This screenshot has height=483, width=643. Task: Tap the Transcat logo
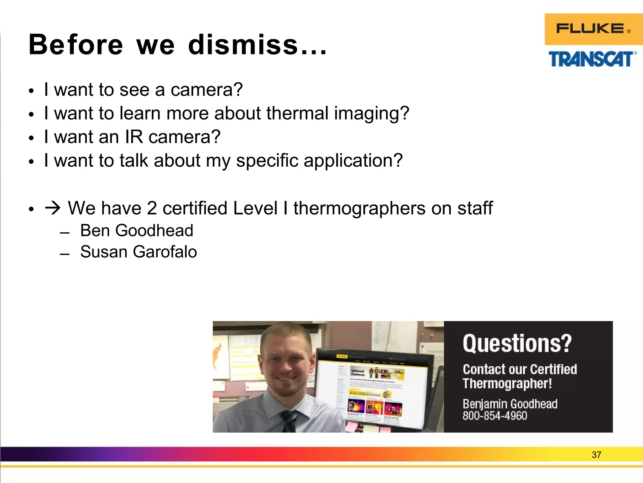tap(592, 59)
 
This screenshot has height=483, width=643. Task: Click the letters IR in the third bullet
tap(134, 137)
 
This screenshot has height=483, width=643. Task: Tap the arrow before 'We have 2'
tap(53, 208)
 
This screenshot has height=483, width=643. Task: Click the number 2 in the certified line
tap(152, 208)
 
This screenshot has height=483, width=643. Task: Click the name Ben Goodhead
tap(137, 230)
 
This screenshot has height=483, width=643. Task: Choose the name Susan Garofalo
tap(138, 252)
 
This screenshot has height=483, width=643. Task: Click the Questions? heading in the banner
tap(517, 343)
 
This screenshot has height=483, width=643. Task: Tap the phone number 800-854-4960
tap(495, 416)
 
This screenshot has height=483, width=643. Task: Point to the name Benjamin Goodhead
tap(510, 404)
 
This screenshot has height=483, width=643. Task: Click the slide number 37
tap(596, 455)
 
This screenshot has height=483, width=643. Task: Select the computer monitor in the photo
tap(374, 387)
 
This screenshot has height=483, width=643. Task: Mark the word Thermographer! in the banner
tap(507, 384)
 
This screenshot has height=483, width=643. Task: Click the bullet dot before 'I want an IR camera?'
tap(31, 138)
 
